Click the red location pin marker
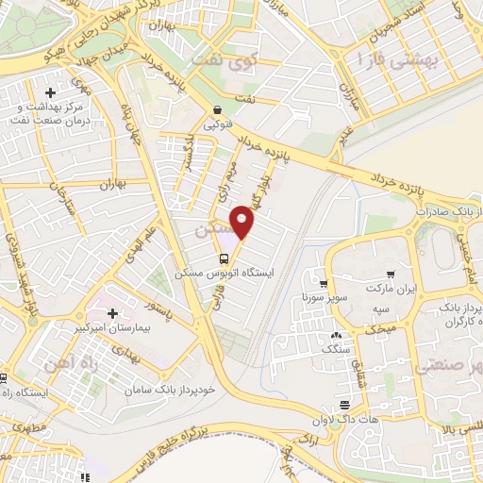point(243,222)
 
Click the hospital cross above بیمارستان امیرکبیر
point(112,312)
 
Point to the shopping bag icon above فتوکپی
point(218,108)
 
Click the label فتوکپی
point(218,123)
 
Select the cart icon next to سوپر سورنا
point(324,282)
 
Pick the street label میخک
point(378,329)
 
